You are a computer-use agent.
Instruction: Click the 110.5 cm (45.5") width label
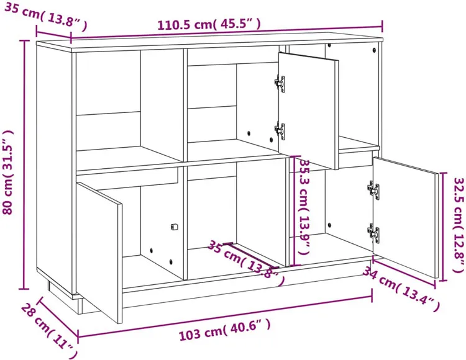[x=209, y=24]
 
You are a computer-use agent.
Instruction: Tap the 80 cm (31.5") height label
[x=7, y=172]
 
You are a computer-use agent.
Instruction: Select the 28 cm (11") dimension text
[x=49, y=330]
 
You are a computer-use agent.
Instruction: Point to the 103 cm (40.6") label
[x=225, y=330]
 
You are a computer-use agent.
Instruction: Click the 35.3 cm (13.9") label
[x=305, y=207]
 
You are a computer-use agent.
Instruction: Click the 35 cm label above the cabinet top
[x=45, y=16]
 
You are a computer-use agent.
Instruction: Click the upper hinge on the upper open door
[x=280, y=83]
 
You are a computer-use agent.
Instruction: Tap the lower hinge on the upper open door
[x=280, y=130]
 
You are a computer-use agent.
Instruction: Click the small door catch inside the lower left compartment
[x=174, y=227]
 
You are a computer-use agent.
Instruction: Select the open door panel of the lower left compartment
[x=99, y=252]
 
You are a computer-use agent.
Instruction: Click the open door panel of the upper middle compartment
[x=308, y=110]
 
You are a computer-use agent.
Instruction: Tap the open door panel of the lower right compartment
[x=406, y=217]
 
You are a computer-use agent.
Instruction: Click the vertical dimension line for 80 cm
[x=24, y=164]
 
